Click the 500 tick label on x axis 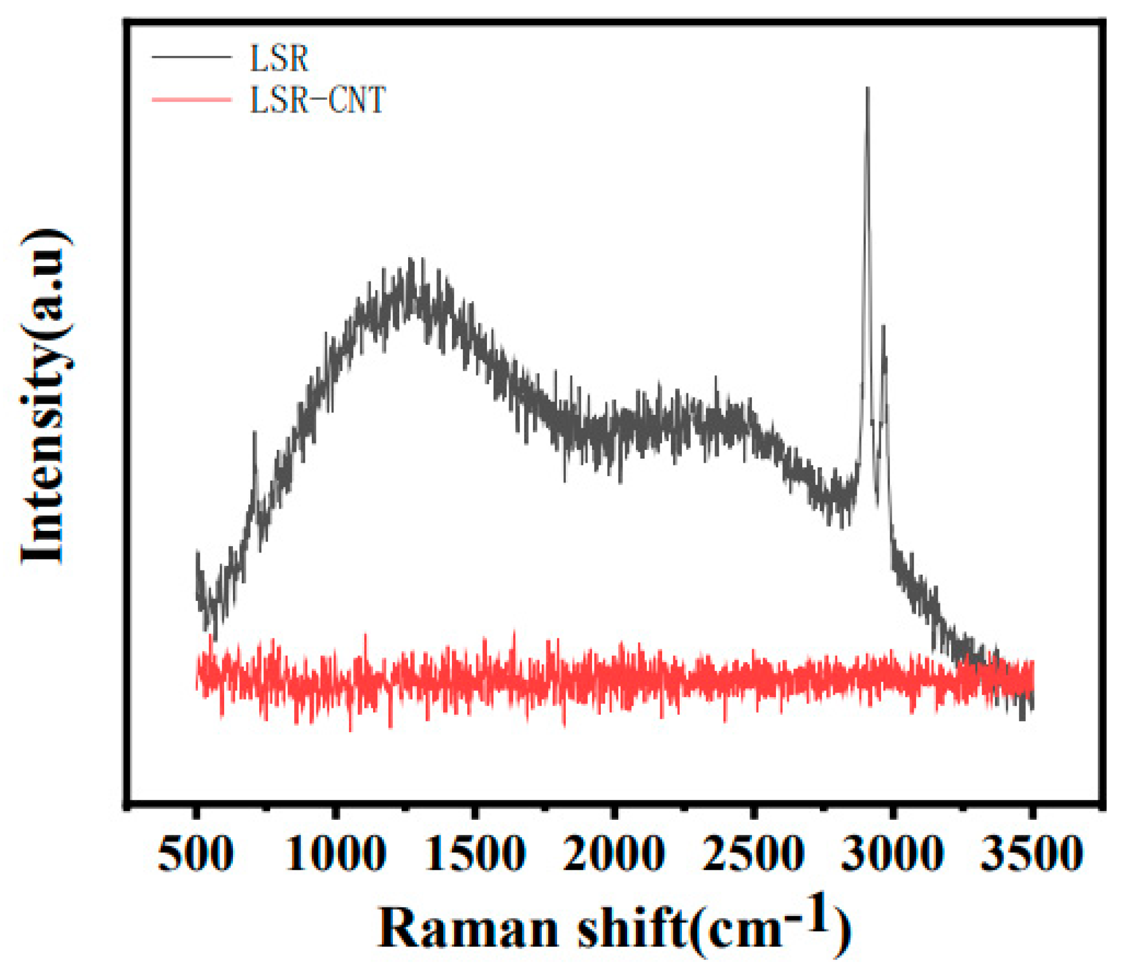click(196, 854)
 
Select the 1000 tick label click(335, 854)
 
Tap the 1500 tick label click(475, 854)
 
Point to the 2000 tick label click(614, 854)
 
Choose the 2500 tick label click(753, 854)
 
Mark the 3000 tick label click(892, 854)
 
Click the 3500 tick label click(1032, 854)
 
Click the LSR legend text click(279, 58)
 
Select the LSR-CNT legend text click(318, 100)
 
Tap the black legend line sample click(192, 57)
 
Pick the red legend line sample click(192, 100)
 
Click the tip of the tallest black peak click(868, 89)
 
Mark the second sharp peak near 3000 click(883, 327)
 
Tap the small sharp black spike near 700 click(255, 432)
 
